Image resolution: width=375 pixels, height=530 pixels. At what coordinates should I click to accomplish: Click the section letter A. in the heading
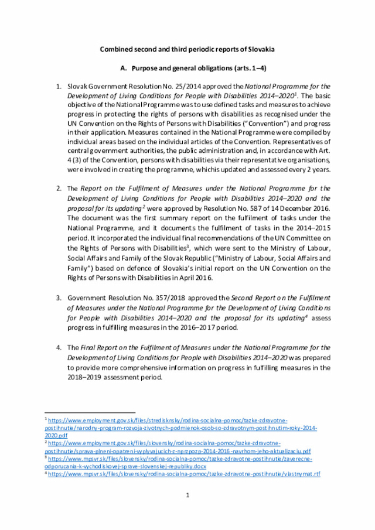(124, 69)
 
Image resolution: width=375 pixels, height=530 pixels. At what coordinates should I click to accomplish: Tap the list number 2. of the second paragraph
(59, 189)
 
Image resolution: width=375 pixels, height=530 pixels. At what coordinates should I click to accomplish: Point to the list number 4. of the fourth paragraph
(59, 347)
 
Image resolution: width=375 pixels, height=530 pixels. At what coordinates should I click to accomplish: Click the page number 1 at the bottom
(187, 495)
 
